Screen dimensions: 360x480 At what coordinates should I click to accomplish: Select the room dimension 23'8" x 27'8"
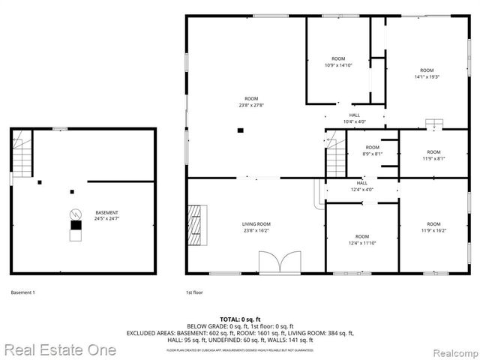coord(251,101)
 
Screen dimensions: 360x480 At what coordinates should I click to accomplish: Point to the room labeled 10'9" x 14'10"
coord(338,61)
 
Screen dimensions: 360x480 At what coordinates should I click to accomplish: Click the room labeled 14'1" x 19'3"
coord(426,73)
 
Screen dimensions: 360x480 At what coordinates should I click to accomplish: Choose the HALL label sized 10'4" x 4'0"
coord(354,118)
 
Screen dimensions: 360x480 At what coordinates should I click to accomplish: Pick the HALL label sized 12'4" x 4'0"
coord(361,186)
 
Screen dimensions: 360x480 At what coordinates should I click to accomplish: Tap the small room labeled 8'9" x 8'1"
coord(373,151)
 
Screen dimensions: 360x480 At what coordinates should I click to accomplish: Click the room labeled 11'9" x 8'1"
coord(433,155)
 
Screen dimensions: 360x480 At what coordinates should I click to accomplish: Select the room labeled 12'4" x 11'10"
coord(361,240)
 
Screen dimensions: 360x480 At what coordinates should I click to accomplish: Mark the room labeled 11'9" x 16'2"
coord(433,227)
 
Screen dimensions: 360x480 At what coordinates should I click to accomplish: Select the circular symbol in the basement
coord(75,212)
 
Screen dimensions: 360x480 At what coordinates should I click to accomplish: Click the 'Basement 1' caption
coord(23,292)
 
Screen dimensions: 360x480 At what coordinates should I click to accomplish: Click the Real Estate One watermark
coord(59,350)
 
